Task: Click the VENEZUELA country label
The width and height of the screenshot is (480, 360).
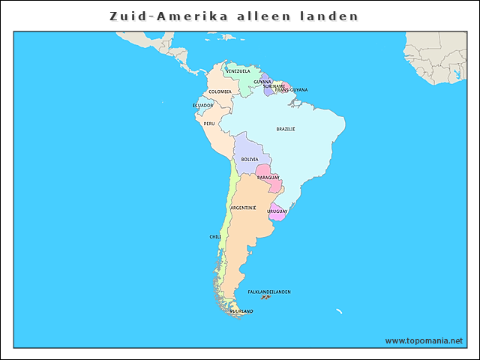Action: pyautogui.click(x=238, y=71)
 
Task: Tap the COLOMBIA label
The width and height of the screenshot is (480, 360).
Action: pyautogui.click(x=220, y=91)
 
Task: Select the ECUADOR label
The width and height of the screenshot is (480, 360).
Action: pyautogui.click(x=202, y=106)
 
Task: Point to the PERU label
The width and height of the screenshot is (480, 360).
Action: pyautogui.click(x=209, y=124)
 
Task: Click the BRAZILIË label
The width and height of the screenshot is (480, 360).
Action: pyautogui.click(x=286, y=129)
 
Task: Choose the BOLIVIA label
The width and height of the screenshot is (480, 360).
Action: pyautogui.click(x=250, y=159)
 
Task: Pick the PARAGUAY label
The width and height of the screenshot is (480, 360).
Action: pyautogui.click(x=268, y=178)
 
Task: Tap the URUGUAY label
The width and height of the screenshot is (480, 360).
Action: pyautogui.click(x=277, y=211)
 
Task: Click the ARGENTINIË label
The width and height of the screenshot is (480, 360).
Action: pyautogui.click(x=243, y=207)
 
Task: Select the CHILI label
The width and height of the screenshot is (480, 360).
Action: pyautogui.click(x=215, y=236)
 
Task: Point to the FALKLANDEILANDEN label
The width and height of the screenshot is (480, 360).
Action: pyautogui.click(x=269, y=292)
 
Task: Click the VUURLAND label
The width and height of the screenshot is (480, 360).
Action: pyautogui.click(x=241, y=310)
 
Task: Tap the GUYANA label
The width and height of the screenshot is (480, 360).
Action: pyautogui.click(x=262, y=82)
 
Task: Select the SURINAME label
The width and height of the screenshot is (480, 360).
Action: pyautogui.click(x=274, y=86)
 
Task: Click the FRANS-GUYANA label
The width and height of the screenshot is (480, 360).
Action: pyautogui.click(x=291, y=90)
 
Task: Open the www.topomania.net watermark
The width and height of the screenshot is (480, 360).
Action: pyautogui.click(x=424, y=340)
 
